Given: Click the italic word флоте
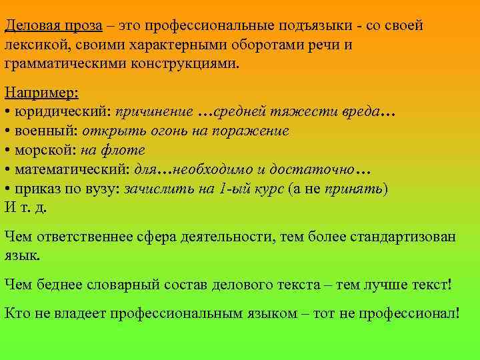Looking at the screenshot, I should (129, 150).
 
